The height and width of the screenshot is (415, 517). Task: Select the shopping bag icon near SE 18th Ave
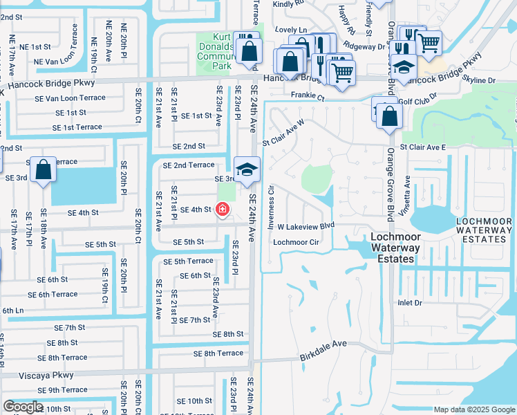point(43,171)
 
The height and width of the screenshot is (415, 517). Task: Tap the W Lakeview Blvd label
point(305,226)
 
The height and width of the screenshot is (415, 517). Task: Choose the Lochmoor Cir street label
point(296,243)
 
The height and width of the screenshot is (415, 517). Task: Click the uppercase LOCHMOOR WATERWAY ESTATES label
point(484,230)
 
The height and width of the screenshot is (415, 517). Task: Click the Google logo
point(23,407)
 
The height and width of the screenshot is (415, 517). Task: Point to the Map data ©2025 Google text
point(473,409)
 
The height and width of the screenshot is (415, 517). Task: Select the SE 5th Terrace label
point(188,261)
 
